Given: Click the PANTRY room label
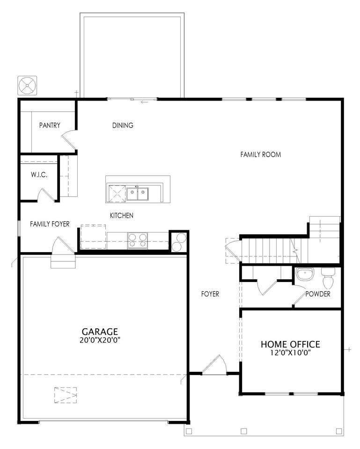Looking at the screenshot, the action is click(50, 125).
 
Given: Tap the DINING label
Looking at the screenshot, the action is click(123, 125).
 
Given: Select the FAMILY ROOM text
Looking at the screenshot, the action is click(261, 155).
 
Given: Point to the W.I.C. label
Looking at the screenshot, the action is click(39, 174).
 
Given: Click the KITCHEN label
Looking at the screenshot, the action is click(122, 215).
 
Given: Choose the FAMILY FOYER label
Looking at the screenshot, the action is click(50, 224).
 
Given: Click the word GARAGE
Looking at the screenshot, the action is click(100, 332).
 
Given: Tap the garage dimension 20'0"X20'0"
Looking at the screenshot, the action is click(100, 340).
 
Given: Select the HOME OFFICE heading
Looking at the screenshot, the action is click(290, 344).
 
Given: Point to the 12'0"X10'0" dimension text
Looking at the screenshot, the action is click(290, 353).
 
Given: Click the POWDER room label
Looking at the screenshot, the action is click(317, 294).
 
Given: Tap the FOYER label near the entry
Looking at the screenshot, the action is click(210, 294).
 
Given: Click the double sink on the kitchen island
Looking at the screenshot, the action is click(138, 194).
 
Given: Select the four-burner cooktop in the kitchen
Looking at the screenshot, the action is click(138, 240).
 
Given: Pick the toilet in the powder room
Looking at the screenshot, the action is click(328, 278).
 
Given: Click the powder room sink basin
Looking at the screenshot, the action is click(305, 274).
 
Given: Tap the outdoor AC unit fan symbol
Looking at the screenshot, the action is click(27, 85).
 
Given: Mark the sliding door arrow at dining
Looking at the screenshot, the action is click(145, 102).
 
